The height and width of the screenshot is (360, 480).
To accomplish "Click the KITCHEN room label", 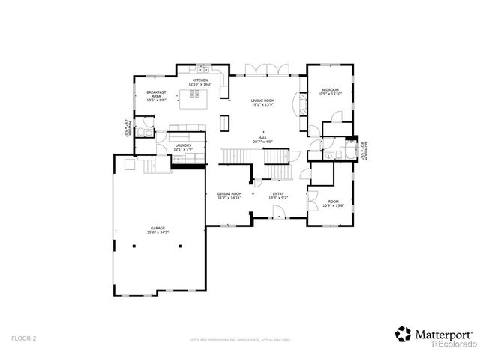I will tap(200, 80).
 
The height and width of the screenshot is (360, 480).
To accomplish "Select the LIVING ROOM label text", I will tap(262, 100).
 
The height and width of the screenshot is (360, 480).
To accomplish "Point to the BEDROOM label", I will tap(330, 89).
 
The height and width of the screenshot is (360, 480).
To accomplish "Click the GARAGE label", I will tap(157, 228).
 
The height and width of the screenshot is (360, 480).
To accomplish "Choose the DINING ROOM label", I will tap(229, 193).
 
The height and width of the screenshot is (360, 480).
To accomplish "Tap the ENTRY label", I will tap(278, 193).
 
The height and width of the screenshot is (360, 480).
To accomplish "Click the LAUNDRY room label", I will tap(183, 145).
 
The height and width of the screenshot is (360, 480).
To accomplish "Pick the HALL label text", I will tap(262, 138).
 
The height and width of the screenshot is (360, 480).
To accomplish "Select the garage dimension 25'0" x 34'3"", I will tap(157, 232).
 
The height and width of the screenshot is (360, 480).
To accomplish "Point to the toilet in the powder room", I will tap(148, 133).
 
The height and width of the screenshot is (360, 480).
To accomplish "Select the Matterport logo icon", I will tap(403, 332).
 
